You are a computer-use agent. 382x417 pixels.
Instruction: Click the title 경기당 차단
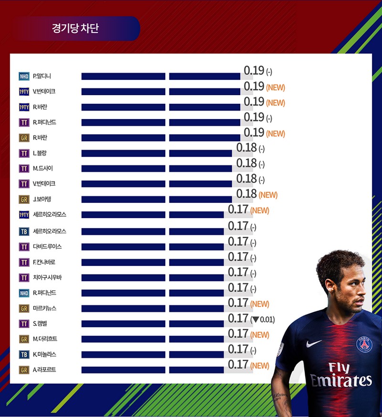pos(75,28)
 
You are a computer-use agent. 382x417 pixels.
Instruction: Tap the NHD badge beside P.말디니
pos(24,76)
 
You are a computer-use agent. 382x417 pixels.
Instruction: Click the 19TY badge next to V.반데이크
pos(24,91)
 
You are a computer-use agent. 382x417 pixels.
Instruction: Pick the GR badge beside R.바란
pos(24,138)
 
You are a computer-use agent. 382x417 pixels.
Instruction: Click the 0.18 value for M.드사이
pos(246,164)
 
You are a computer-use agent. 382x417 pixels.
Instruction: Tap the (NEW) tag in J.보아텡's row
pos(268,195)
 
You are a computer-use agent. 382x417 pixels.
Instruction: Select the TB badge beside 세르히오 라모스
pos(24,231)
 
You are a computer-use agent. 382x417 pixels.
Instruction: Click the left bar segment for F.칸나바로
pos(123,263)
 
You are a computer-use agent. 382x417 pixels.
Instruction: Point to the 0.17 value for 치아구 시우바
pos(238,272)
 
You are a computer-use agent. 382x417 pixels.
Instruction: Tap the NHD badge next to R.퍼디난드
pos(24,293)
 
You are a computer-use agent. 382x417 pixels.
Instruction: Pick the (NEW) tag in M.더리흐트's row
pos(260,335)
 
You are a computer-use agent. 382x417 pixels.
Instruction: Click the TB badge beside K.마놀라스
pos(24,354)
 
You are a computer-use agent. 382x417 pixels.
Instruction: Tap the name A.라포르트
pos(44,370)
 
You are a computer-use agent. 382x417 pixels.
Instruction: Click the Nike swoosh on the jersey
pos(314,343)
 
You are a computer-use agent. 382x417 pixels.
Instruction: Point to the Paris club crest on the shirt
pos(364,344)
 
